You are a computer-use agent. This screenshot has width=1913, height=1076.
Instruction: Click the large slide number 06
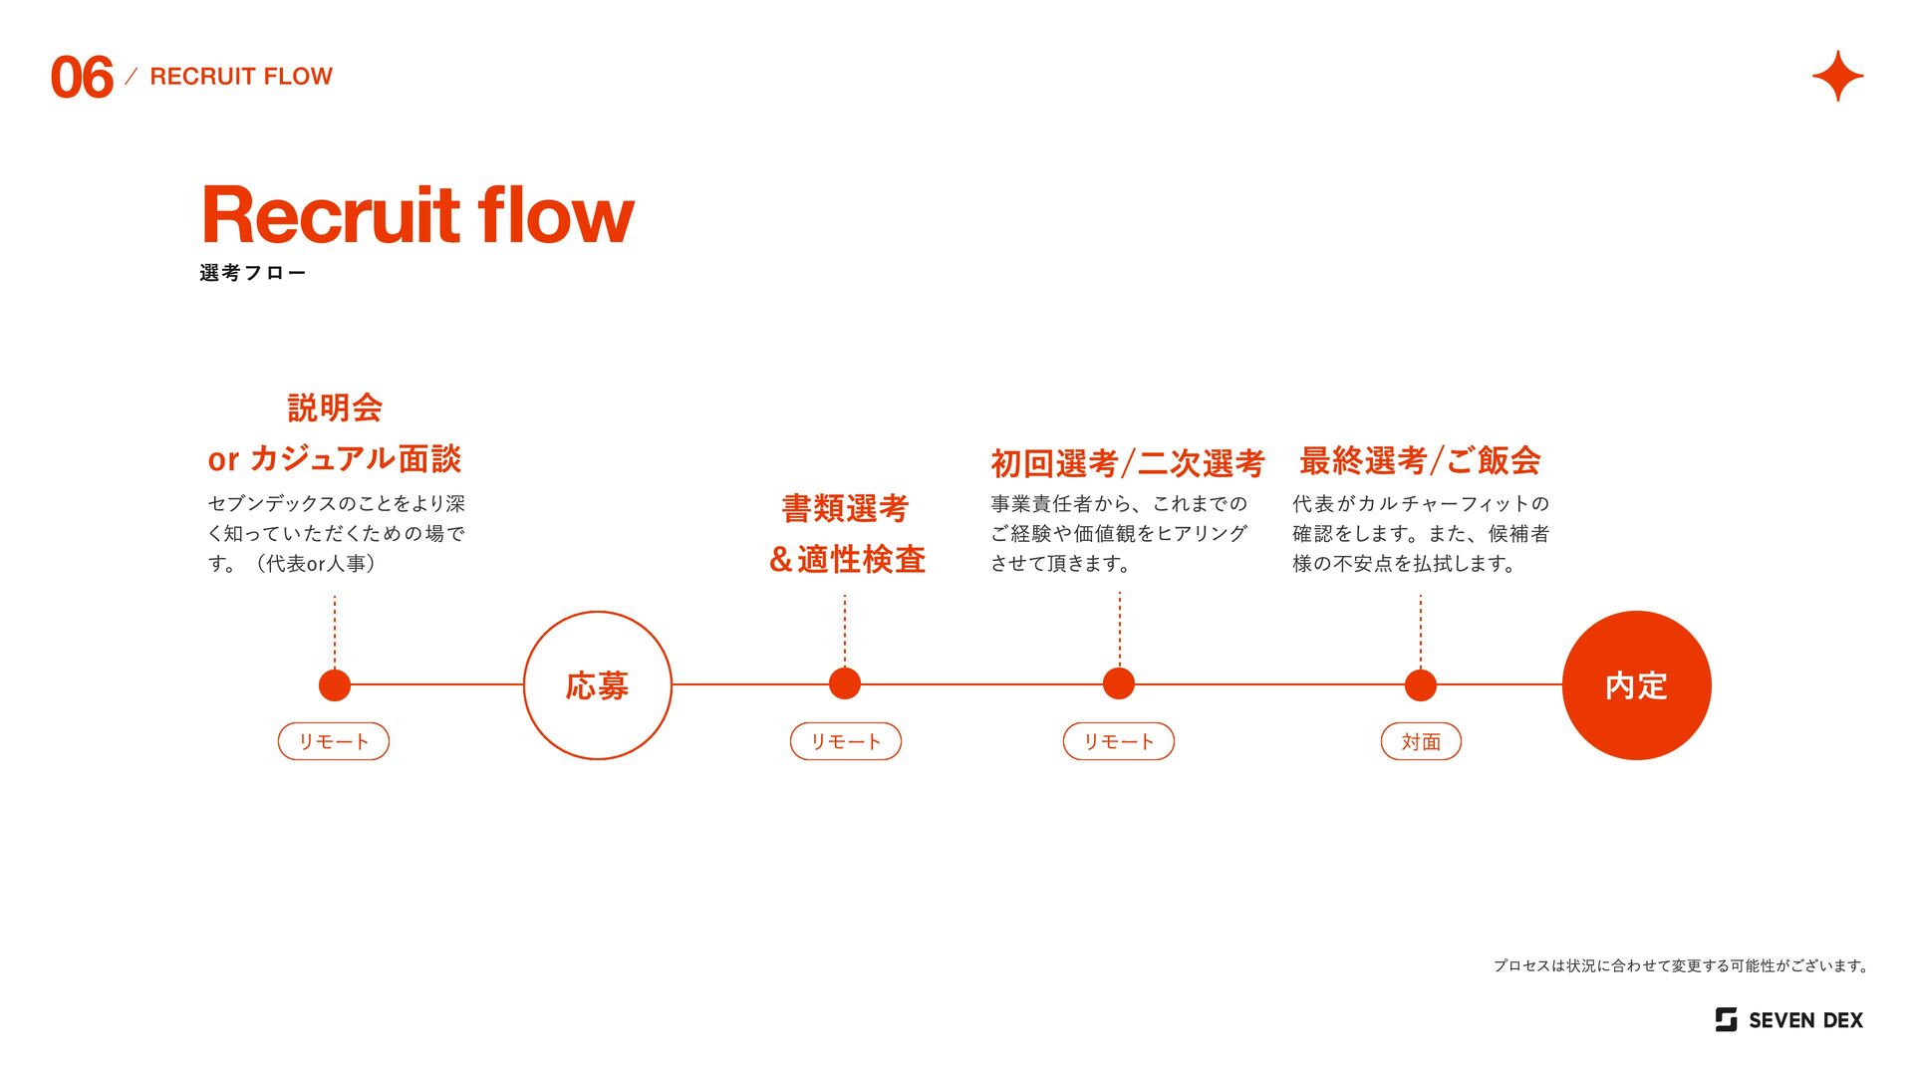pyautogui.click(x=82, y=78)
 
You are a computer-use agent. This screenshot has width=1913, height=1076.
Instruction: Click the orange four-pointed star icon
pyautogui.click(x=1837, y=77)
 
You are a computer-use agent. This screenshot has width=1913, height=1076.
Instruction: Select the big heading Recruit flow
pyautogui.click(x=417, y=214)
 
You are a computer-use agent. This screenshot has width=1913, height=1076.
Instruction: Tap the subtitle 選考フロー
pyautogui.click(x=253, y=273)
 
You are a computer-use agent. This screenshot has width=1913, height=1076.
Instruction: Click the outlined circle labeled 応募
pyautogui.click(x=598, y=685)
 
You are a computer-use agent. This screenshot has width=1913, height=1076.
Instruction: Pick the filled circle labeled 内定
pyautogui.click(x=1636, y=685)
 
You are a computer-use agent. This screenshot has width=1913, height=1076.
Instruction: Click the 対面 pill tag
pyautogui.click(x=1421, y=741)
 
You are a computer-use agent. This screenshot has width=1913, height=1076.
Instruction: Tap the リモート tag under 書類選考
pyautogui.click(x=845, y=741)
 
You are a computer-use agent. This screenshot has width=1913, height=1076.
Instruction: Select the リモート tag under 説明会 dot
pyautogui.click(x=334, y=741)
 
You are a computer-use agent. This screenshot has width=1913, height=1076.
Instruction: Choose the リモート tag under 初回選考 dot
pyautogui.click(x=1118, y=741)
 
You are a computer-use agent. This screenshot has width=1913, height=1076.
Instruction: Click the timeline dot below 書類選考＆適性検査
pyautogui.click(x=845, y=684)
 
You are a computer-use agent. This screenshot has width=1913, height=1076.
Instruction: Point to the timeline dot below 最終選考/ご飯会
pyautogui.click(x=1421, y=684)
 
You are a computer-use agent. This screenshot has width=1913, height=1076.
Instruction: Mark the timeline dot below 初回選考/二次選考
pyautogui.click(x=1119, y=684)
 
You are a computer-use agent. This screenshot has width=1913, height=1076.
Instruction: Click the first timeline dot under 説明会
pyautogui.click(x=335, y=684)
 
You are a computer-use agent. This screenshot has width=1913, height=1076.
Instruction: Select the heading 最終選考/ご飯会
pyautogui.click(x=1420, y=460)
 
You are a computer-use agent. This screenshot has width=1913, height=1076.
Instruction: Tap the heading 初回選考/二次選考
pyautogui.click(x=1127, y=463)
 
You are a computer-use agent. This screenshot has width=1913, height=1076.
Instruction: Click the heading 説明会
pyautogui.click(x=335, y=407)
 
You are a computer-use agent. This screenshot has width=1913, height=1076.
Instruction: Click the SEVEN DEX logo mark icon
pyautogui.click(x=1726, y=1019)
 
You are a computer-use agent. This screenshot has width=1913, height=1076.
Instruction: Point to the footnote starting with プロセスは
pyautogui.click(x=1681, y=965)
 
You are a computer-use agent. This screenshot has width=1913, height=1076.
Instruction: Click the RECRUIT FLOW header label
pyautogui.click(x=241, y=77)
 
